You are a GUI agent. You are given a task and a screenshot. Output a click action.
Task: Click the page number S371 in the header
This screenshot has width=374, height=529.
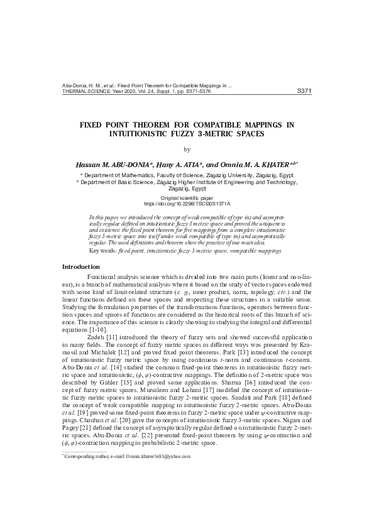click(304, 90)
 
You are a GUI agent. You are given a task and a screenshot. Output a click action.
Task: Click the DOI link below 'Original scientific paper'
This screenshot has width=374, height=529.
click(187, 204)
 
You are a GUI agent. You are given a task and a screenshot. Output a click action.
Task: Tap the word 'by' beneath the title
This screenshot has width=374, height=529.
click(187, 149)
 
